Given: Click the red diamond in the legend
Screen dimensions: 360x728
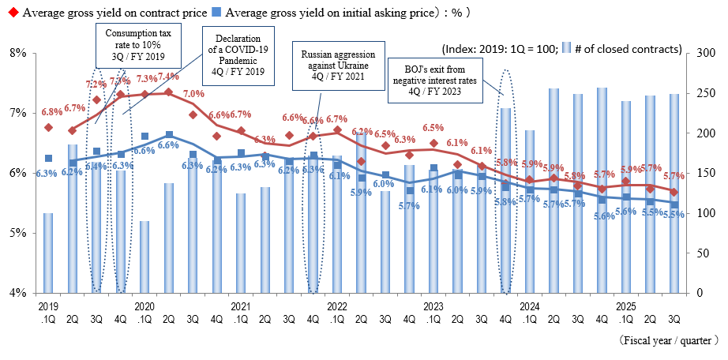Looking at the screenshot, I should point(7,13).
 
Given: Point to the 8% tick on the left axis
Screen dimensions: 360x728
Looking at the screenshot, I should point(17,53).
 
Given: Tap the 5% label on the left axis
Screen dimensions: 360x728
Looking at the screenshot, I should point(17,233).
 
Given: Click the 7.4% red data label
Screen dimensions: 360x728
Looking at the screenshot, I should point(167,77).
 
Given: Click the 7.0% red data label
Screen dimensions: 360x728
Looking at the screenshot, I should point(193,94).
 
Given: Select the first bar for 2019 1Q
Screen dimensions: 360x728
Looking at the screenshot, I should point(48,253).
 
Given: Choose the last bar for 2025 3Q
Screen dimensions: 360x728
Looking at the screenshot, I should point(674,193).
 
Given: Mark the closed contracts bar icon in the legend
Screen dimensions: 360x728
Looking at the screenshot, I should point(567,48).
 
